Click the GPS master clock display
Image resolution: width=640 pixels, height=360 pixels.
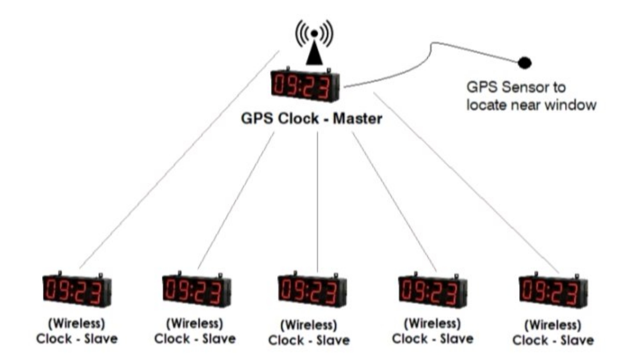[305, 86]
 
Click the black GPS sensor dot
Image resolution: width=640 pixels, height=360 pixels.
[524, 63]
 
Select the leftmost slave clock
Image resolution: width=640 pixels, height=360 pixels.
[77, 290]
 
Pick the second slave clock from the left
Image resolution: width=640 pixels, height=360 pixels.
[196, 290]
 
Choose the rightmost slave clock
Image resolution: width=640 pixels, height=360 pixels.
[553, 291]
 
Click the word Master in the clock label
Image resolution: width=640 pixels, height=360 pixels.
[358, 119]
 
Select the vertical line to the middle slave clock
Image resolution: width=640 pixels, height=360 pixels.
[318, 200]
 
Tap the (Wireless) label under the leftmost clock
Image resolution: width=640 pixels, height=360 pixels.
[77, 323]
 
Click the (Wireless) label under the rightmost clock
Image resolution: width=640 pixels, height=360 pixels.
[553, 325]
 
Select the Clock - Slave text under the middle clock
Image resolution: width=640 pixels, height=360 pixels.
[309, 340]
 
